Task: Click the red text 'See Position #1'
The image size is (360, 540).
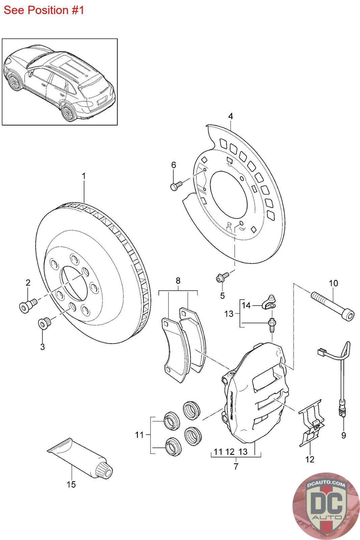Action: click(x=44, y=10)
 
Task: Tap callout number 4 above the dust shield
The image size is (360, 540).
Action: click(x=230, y=116)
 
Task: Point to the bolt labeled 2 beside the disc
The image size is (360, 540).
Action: click(x=28, y=305)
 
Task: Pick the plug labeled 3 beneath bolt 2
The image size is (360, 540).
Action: click(x=44, y=323)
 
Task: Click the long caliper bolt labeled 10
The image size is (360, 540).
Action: click(x=333, y=306)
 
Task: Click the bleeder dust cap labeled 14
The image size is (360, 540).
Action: click(x=269, y=302)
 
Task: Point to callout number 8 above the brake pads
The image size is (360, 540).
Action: click(x=178, y=280)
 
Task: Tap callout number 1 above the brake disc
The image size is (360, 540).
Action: click(x=84, y=176)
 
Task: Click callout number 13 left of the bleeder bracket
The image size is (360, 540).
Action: click(x=229, y=314)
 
